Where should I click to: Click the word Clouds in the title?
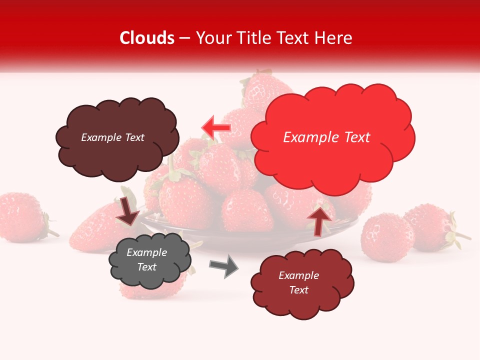[x=147, y=38]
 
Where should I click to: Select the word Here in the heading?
[x=333, y=38]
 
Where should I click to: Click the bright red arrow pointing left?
[x=216, y=128]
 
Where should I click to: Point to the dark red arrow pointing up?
[x=318, y=220]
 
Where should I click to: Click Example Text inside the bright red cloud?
[x=326, y=137]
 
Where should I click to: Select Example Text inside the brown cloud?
[x=112, y=137]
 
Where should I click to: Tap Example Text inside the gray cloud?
[x=147, y=259]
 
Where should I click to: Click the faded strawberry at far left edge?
[x=20, y=217]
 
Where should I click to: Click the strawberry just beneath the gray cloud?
[x=150, y=292]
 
